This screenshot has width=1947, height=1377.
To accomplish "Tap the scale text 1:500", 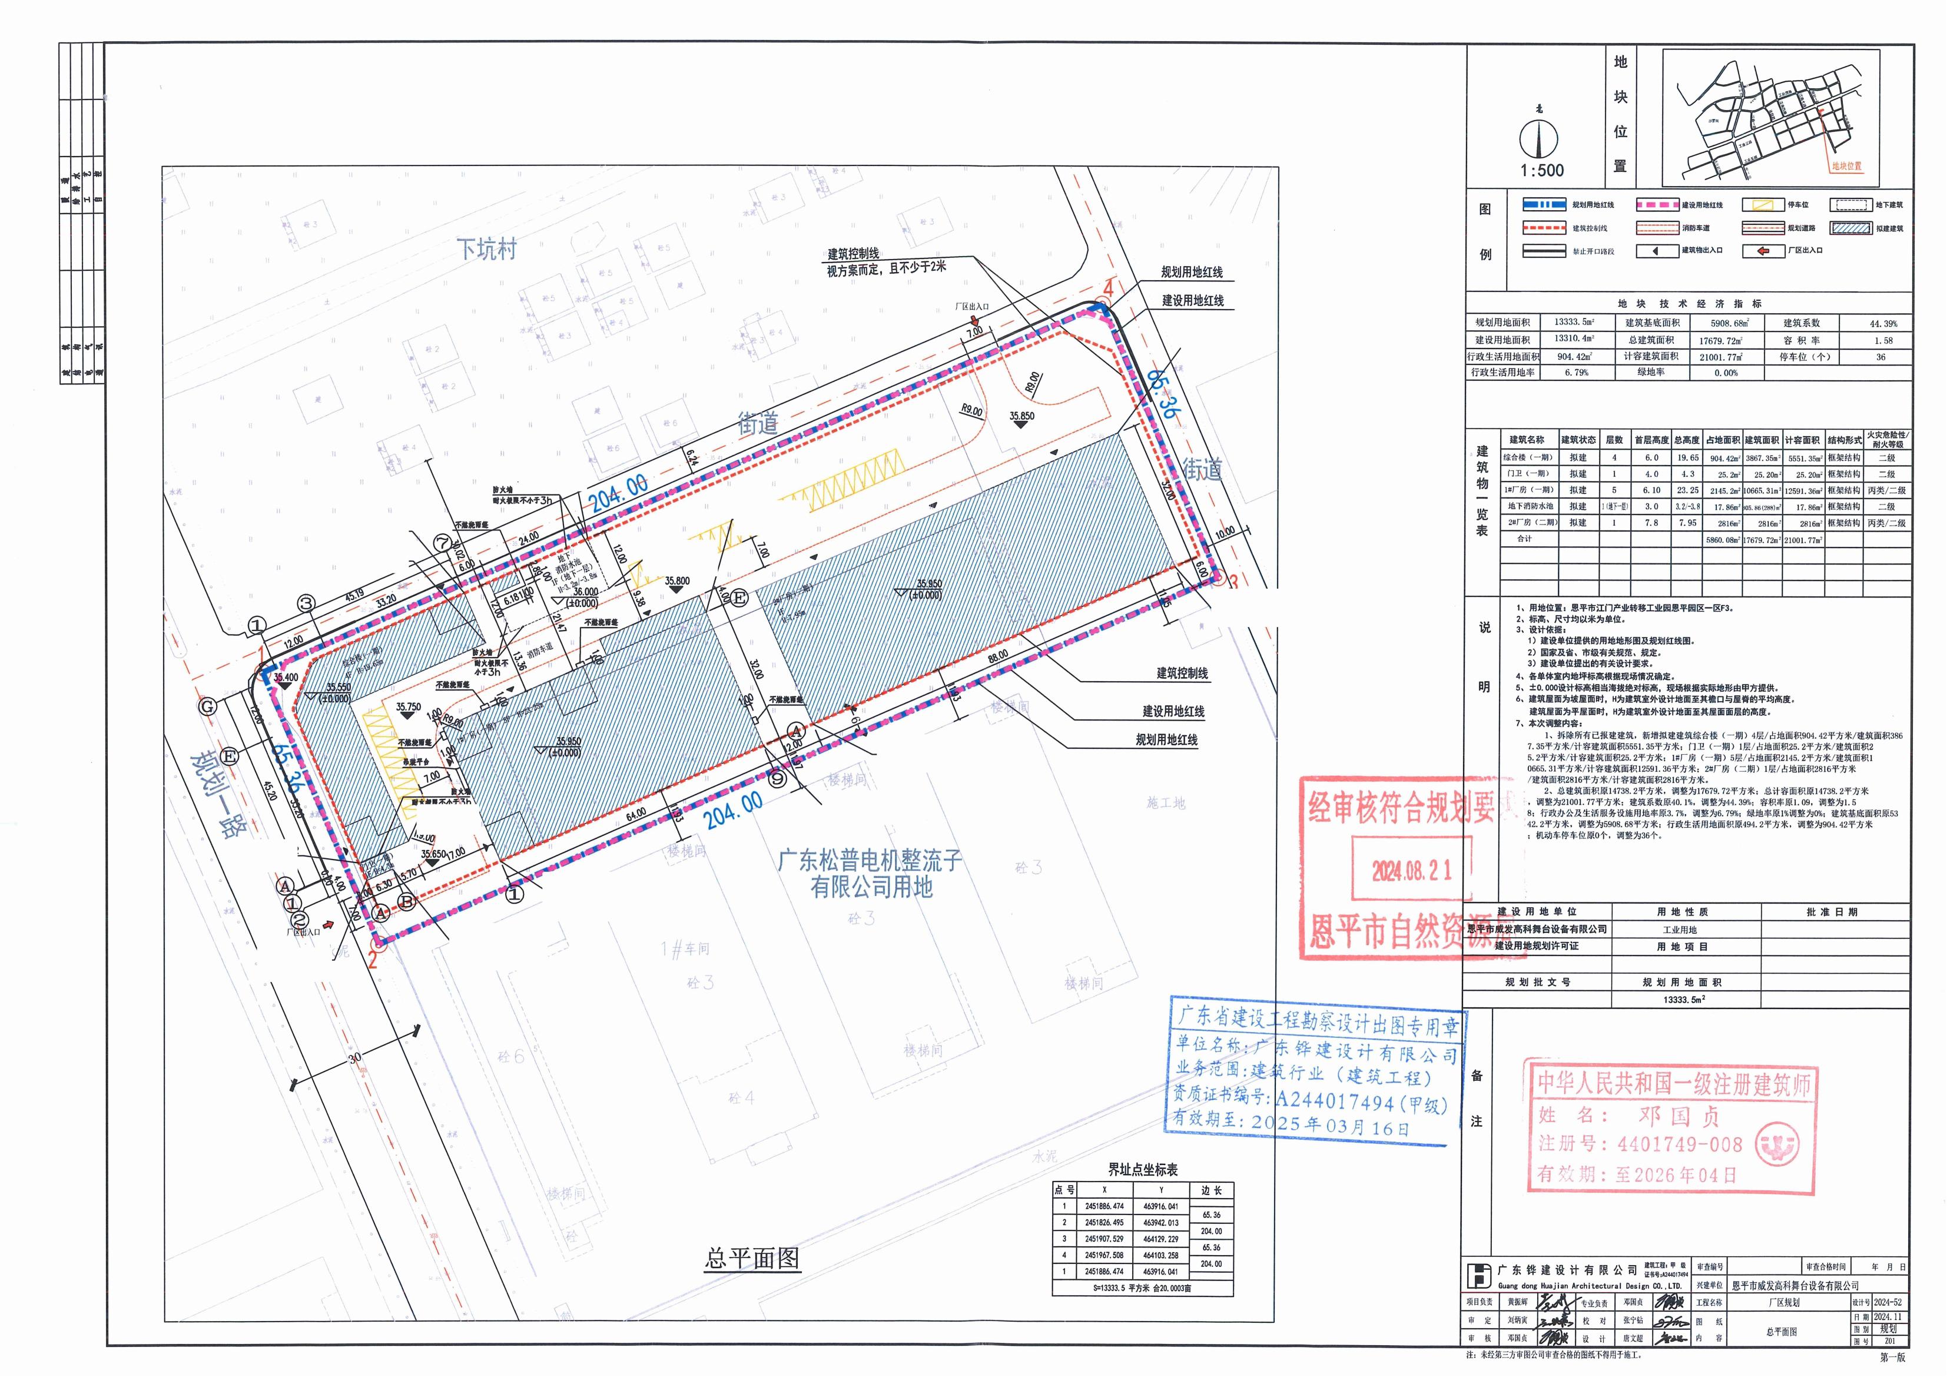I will [x=1542, y=170].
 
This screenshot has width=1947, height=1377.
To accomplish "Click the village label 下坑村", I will [x=487, y=249].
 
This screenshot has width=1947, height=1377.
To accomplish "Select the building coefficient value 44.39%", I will [x=1883, y=324].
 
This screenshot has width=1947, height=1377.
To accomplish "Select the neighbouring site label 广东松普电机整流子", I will [x=871, y=861].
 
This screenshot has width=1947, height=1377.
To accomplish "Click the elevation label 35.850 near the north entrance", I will [x=1022, y=416].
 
